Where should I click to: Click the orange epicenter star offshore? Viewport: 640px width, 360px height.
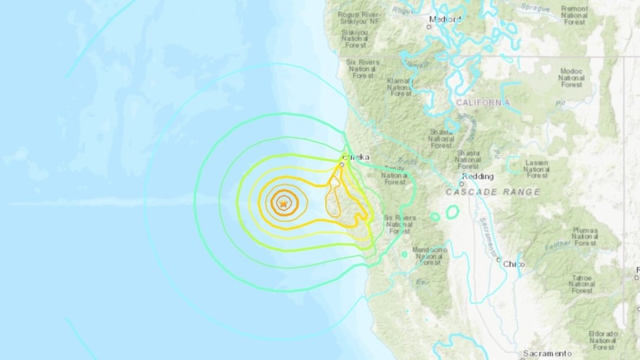point(283,202)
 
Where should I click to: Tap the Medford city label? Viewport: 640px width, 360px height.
point(445,19)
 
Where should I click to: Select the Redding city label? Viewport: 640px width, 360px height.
point(477,177)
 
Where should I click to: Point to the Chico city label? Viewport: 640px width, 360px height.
point(514,264)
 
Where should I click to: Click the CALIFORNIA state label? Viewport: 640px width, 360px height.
point(483,102)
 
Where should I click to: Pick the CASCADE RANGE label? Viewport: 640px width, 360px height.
point(493,192)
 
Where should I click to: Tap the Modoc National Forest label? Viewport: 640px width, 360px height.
point(571,78)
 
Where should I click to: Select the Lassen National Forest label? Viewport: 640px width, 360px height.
point(536,169)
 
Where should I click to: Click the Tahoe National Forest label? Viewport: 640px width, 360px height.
point(582,284)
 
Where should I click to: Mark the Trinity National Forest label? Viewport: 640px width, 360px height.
point(395,175)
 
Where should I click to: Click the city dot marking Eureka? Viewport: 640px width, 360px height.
point(342,164)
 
